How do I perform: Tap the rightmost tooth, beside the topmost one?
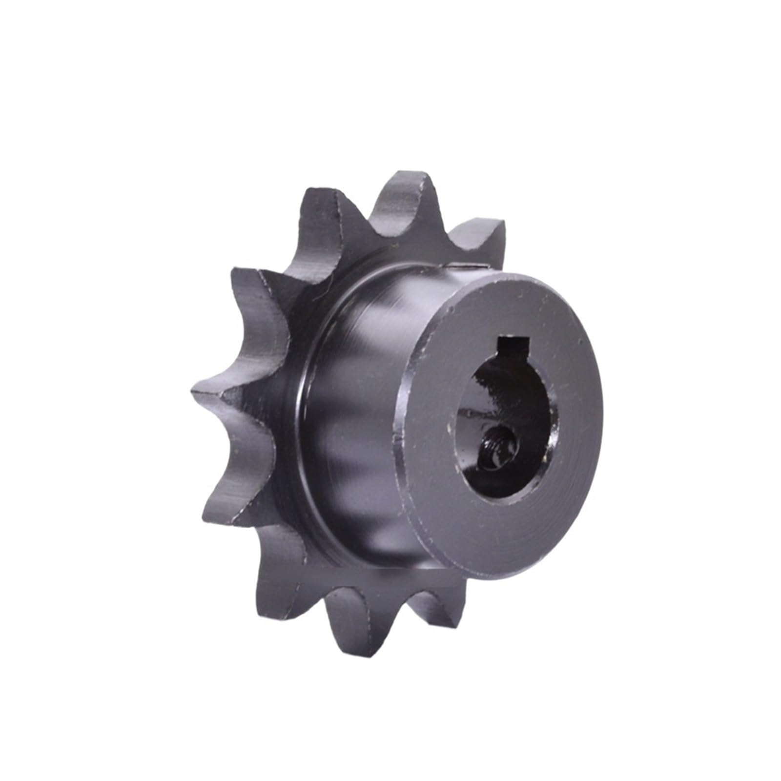(481, 244)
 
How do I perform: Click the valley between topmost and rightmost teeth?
(447, 239)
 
